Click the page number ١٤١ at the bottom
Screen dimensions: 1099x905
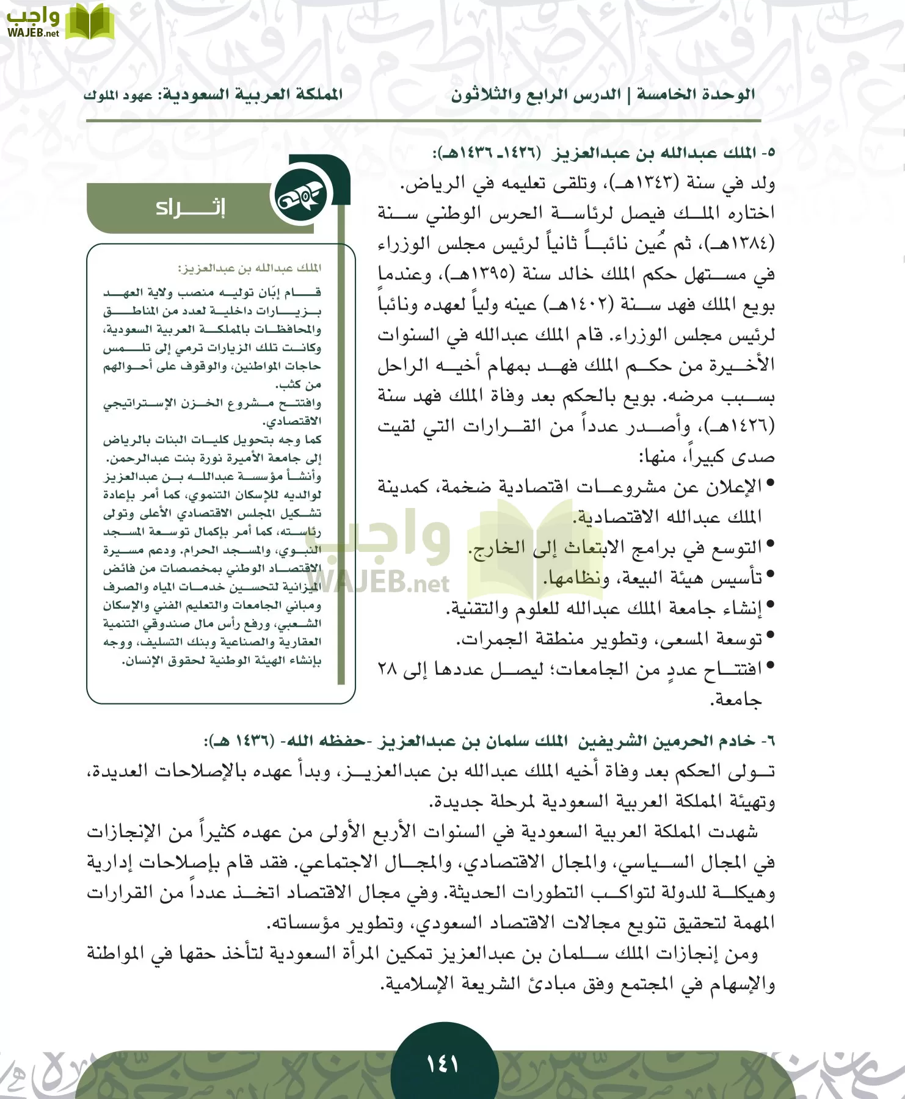coord(443,1065)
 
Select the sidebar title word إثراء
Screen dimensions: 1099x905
coord(191,208)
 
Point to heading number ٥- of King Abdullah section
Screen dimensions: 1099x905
coord(768,153)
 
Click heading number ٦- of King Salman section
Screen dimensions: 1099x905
coord(768,742)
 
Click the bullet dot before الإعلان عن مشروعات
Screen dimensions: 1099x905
coord(770,484)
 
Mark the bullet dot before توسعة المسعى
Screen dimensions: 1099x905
coord(770,637)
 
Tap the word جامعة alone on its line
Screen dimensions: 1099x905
coord(736,700)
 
